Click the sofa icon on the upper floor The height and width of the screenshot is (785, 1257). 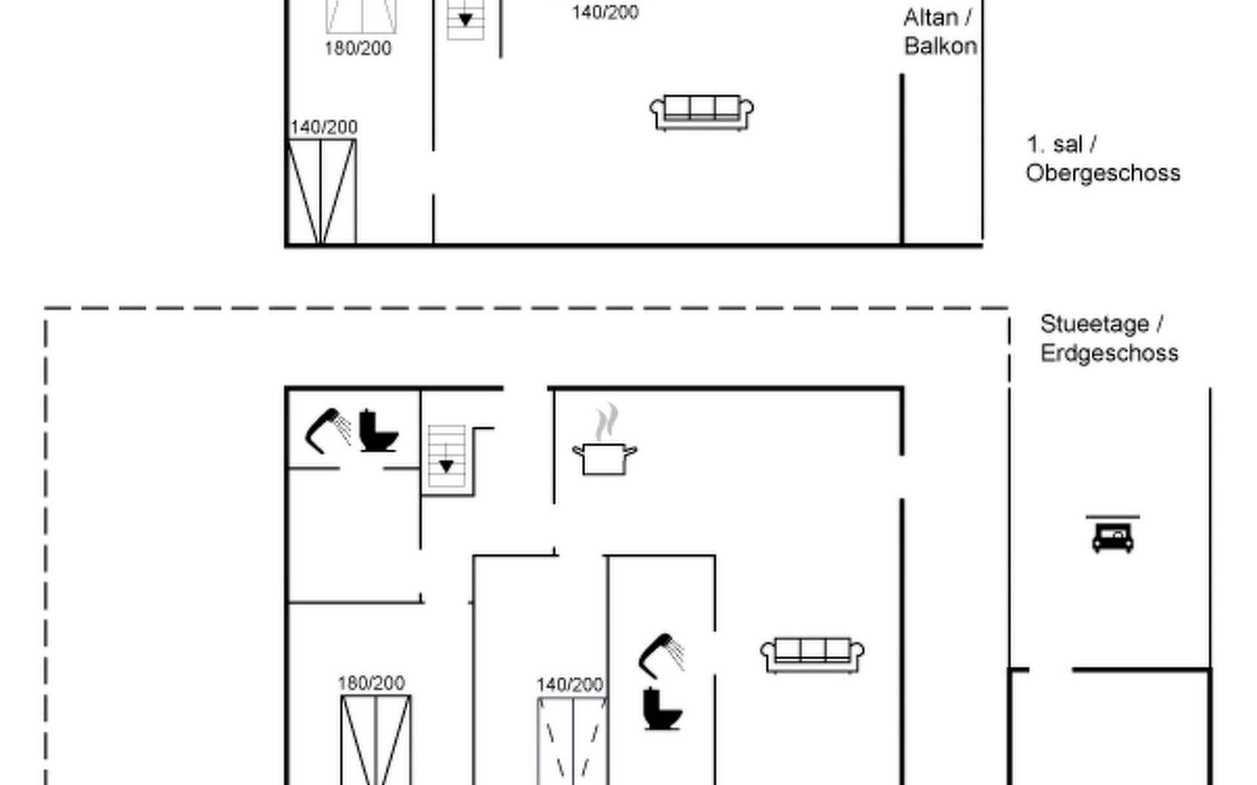tap(701, 113)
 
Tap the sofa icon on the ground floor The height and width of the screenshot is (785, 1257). tap(812, 655)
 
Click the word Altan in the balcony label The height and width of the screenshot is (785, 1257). tap(930, 18)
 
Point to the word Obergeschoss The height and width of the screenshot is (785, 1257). tap(1103, 173)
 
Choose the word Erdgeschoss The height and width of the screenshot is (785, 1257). tap(1109, 353)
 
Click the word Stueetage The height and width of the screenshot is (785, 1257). tap(1095, 324)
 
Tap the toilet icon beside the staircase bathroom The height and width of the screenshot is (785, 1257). tap(378, 431)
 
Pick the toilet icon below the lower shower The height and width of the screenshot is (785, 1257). tap(662, 709)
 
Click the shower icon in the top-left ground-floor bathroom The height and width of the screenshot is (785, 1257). tap(327, 430)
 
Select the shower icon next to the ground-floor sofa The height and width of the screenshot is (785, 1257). tap(661, 655)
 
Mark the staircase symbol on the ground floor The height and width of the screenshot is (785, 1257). tap(446, 457)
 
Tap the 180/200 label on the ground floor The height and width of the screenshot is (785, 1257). tap(371, 684)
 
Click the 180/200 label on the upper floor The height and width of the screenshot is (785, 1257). tap(358, 48)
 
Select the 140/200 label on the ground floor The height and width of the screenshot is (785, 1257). tap(570, 685)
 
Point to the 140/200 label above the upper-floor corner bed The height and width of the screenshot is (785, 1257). tap(323, 127)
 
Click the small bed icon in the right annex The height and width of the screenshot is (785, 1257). tap(1112, 534)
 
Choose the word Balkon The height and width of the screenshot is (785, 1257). tap(941, 46)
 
